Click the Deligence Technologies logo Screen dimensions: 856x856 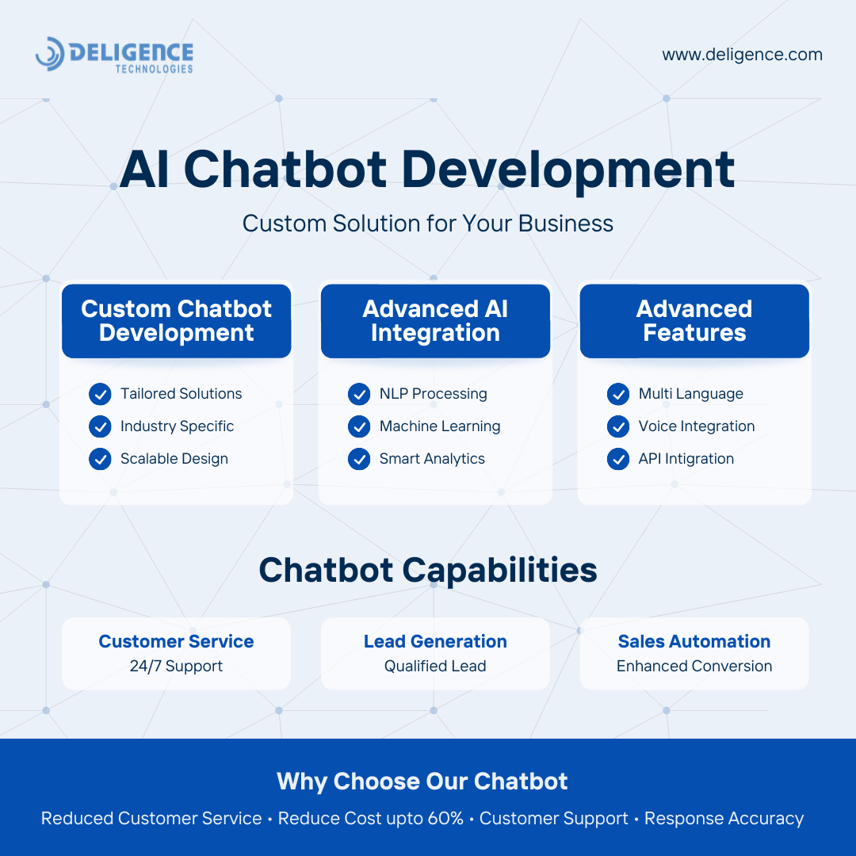[114, 55]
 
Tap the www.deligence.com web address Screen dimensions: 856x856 [742, 55]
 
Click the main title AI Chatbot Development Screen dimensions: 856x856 [427, 170]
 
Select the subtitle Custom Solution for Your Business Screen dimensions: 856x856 [427, 224]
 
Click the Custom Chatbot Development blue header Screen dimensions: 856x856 [176, 321]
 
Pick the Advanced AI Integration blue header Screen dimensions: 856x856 [435, 321]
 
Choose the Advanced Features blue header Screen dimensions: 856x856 [694, 321]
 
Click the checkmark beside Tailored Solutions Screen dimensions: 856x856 [100, 394]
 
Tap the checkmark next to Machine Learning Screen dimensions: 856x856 [359, 426]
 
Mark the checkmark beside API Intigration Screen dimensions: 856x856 [618, 459]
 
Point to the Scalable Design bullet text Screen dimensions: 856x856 [174, 459]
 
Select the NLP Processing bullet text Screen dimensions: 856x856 [433, 394]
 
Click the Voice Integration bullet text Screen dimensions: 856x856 [697, 426]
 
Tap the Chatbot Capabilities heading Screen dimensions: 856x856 [428, 571]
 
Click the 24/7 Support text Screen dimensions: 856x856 [176, 666]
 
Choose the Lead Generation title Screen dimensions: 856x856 [435, 641]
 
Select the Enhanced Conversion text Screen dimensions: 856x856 [694, 666]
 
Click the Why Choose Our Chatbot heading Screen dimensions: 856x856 [422, 781]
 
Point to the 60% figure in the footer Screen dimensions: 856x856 [445, 818]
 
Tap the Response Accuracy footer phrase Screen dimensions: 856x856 [724, 819]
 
